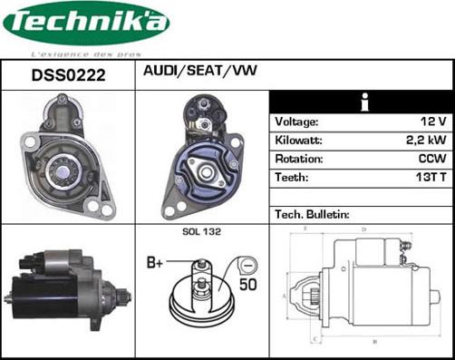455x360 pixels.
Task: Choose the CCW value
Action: coord(433,159)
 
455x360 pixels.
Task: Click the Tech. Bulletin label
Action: coord(312,215)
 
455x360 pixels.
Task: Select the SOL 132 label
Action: coord(200,233)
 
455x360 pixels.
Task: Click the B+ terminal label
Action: coord(155,263)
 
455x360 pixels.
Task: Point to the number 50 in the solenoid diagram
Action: coord(246,284)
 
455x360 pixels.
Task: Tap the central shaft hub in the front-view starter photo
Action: coord(66,166)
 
